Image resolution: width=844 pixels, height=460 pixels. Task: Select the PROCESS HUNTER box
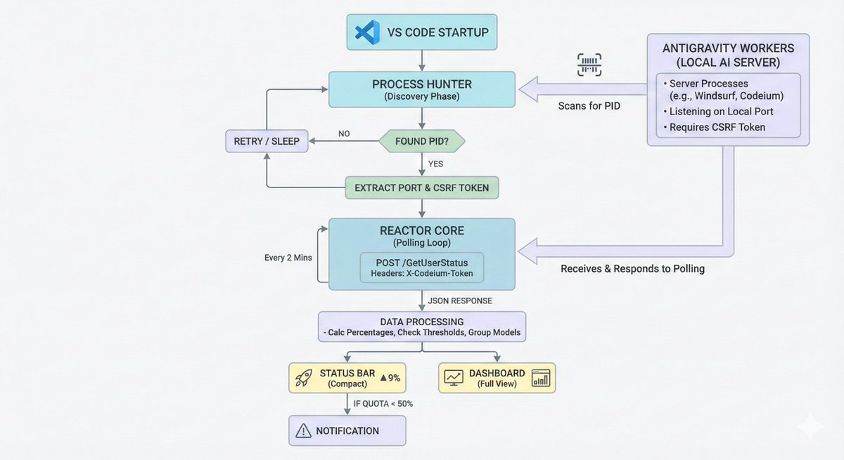pos(422,89)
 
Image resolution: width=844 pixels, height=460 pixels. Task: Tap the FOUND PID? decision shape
pos(422,141)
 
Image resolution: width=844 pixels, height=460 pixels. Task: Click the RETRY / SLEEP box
pos(266,141)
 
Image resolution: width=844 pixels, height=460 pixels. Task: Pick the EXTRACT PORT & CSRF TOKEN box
pos(422,188)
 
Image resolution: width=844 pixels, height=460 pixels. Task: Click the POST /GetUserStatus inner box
pos(422,268)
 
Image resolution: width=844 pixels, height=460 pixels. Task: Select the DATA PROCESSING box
pos(422,327)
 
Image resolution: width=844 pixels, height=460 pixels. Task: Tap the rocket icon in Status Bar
pos(304,379)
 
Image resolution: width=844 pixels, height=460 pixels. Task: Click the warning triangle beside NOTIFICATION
pos(303,431)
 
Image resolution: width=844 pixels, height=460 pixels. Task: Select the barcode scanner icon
pos(589,65)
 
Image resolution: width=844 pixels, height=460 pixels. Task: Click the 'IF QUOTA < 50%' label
pos(384,403)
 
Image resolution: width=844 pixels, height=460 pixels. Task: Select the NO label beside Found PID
pos(344,133)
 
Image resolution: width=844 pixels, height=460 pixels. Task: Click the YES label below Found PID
pos(436,164)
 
